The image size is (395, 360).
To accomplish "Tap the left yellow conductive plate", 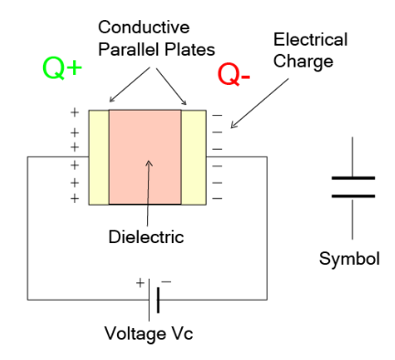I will click(98, 156).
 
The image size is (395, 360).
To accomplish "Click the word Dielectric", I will click(144, 236).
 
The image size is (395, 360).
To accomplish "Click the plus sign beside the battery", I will click(140, 282).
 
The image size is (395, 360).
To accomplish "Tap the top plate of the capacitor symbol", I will click(353, 179).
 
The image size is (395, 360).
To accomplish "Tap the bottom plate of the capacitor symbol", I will click(353, 194).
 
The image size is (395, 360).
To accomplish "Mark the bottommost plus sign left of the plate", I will click(74, 197).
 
